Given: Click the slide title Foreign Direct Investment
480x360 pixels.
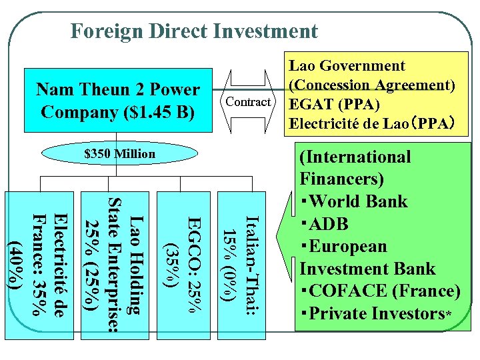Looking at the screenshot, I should pos(194,31).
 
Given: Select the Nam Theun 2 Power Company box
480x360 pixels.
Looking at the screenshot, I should pos(117,99).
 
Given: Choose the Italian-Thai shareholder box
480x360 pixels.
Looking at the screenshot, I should pos(239,260).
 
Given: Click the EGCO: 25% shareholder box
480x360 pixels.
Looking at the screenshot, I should pos(181,260).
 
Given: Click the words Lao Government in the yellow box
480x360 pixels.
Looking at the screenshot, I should pos(346,65).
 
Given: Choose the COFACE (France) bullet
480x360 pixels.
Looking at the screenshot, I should pos(380,291).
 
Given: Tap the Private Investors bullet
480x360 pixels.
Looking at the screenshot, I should pos(373,313).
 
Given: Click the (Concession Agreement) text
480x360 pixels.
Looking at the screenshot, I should pos(371,85).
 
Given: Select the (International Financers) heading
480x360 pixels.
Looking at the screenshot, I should pos(355,168).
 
